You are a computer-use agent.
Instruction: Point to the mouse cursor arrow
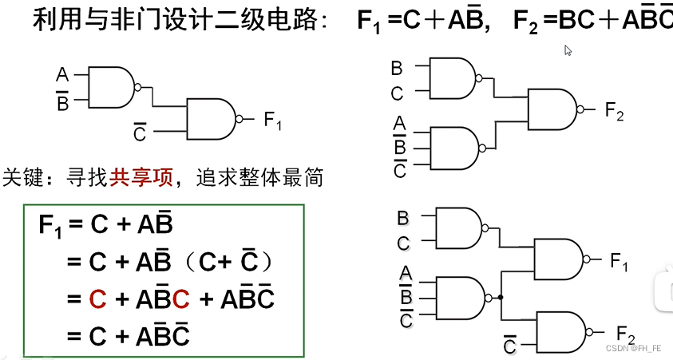tap(568, 50)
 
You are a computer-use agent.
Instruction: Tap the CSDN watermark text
tap(632, 349)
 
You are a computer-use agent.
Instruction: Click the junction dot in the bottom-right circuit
tap(500, 297)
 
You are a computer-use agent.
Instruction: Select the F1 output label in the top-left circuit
tap(273, 121)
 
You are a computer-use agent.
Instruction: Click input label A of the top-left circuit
tap(62, 76)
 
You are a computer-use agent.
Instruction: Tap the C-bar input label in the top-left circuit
tap(140, 131)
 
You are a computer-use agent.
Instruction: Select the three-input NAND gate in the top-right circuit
tap(453, 146)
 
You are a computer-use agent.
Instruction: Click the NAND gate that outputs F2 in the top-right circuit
tap(552, 109)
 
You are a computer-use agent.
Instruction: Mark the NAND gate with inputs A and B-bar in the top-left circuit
tap(111, 86)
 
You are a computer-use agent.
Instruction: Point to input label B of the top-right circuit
tap(397, 69)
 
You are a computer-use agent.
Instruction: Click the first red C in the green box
tap(97, 300)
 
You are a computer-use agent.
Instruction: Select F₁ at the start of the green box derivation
tap(49, 226)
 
